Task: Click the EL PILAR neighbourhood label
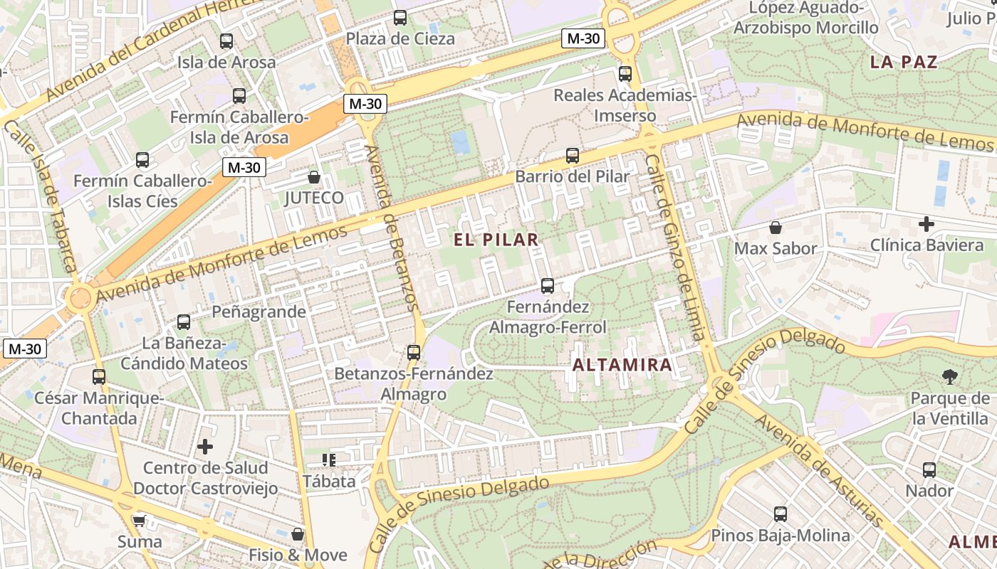[x=496, y=240]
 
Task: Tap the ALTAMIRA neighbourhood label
[x=622, y=366]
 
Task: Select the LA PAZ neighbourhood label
[x=904, y=62]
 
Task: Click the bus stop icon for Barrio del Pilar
[x=572, y=156]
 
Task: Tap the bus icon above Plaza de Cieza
[x=400, y=18]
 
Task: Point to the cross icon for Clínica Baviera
[x=926, y=225]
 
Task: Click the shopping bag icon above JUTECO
[x=313, y=177]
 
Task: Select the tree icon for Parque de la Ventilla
[x=949, y=377]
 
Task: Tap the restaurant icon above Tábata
[x=328, y=460]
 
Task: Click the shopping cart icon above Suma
[x=139, y=521]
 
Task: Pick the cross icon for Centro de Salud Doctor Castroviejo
[x=205, y=447]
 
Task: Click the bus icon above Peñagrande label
[x=184, y=322]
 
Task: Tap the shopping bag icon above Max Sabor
[x=775, y=228]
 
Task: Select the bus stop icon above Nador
[x=929, y=470]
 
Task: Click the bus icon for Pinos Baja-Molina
[x=780, y=514]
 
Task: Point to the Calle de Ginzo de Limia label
[x=674, y=248]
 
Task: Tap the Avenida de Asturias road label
[x=819, y=470]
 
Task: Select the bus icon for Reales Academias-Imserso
[x=625, y=73]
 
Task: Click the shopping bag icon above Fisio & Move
[x=298, y=534]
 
